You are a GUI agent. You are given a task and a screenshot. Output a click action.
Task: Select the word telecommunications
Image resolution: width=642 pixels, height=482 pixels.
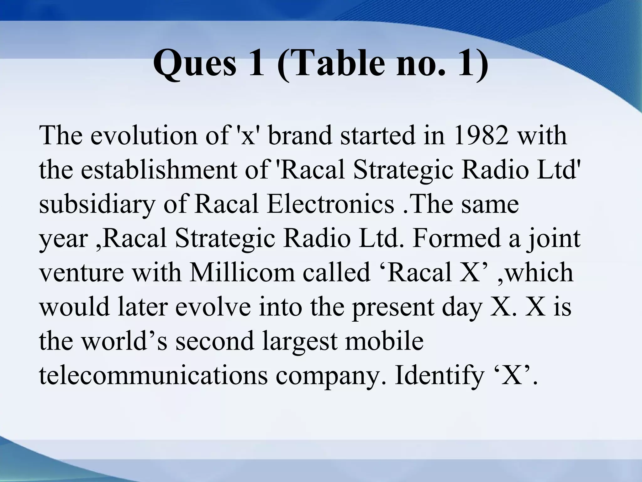153,375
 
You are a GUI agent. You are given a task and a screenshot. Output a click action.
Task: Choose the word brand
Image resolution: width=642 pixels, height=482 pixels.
301,136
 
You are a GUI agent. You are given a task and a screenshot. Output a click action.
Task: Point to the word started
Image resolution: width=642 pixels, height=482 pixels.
378,136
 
